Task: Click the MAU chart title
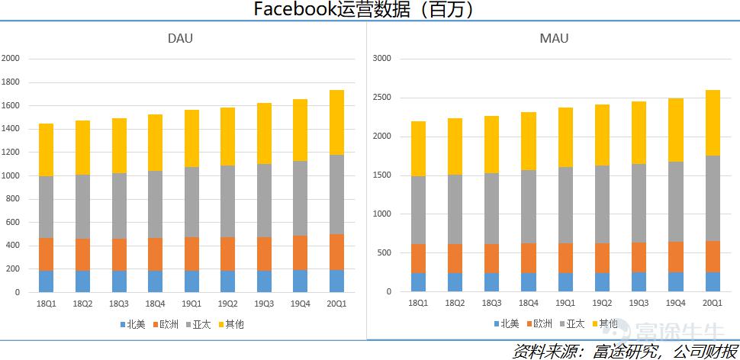pyautogui.click(x=554, y=38)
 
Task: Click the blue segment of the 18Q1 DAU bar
pyautogui.click(x=46, y=281)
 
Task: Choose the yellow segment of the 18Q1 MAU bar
pyautogui.click(x=418, y=149)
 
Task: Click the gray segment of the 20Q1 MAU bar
pyautogui.click(x=712, y=198)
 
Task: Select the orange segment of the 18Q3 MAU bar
pyautogui.click(x=492, y=259)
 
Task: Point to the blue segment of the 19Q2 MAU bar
pyautogui.click(x=602, y=282)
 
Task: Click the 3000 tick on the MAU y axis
pyautogui.click(x=381, y=59)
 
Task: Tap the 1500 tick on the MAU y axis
pyautogui.click(x=381, y=175)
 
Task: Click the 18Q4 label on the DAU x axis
pyautogui.click(x=156, y=304)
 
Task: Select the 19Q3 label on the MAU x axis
pyautogui.click(x=639, y=303)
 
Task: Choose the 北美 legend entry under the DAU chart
pyautogui.click(x=133, y=324)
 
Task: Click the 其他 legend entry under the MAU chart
pyautogui.click(x=604, y=324)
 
